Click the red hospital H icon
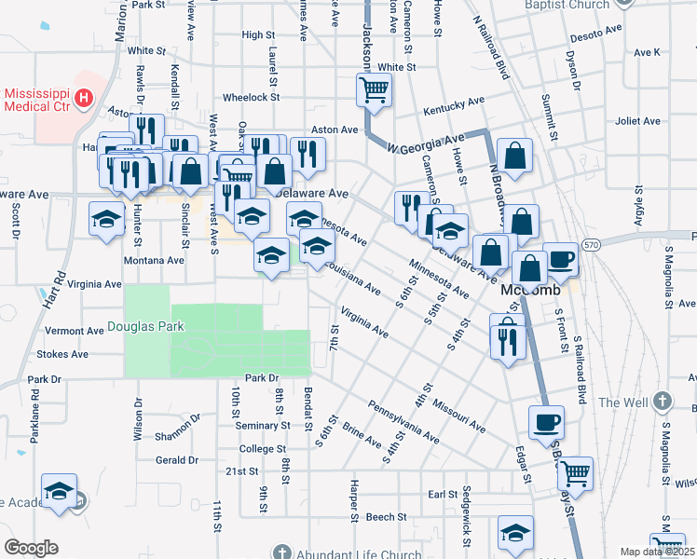click(x=84, y=97)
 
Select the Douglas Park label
click(x=145, y=326)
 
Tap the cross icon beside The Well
click(x=662, y=402)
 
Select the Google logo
click(x=31, y=548)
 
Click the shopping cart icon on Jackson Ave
click(x=374, y=90)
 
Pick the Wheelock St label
click(x=251, y=97)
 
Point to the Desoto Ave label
click(x=597, y=33)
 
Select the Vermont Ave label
click(x=75, y=331)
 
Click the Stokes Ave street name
click(x=61, y=354)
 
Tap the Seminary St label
click(x=263, y=426)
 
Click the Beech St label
click(x=387, y=516)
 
